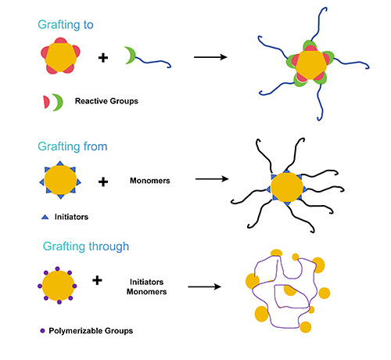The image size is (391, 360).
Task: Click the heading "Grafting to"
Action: (x=66, y=25)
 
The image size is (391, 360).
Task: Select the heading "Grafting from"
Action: (x=73, y=146)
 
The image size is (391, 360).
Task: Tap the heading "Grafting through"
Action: (x=86, y=247)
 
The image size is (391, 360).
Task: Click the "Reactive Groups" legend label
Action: (x=106, y=101)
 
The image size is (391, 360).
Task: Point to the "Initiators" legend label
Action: (x=71, y=217)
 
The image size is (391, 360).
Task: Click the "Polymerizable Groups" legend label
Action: (x=91, y=331)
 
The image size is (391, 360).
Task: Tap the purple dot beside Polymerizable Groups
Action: (x=42, y=331)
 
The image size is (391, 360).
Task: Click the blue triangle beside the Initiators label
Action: (x=45, y=217)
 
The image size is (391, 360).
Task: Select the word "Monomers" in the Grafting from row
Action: (x=150, y=181)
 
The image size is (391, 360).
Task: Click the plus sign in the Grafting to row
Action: (x=103, y=58)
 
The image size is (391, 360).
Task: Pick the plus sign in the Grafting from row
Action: (x=103, y=182)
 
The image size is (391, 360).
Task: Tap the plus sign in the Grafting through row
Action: (x=97, y=280)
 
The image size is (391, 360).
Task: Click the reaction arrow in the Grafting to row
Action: (x=210, y=57)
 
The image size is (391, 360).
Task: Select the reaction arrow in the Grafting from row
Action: (x=212, y=179)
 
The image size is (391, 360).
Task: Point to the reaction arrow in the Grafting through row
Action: (x=204, y=286)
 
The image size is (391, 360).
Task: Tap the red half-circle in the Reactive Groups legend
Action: (x=46, y=102)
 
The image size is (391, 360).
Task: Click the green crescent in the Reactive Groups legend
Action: (x=59, y=103)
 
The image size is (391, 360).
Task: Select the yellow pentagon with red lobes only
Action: (x=60, y=56)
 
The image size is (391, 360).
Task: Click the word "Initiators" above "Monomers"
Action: (x=147, y=282)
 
